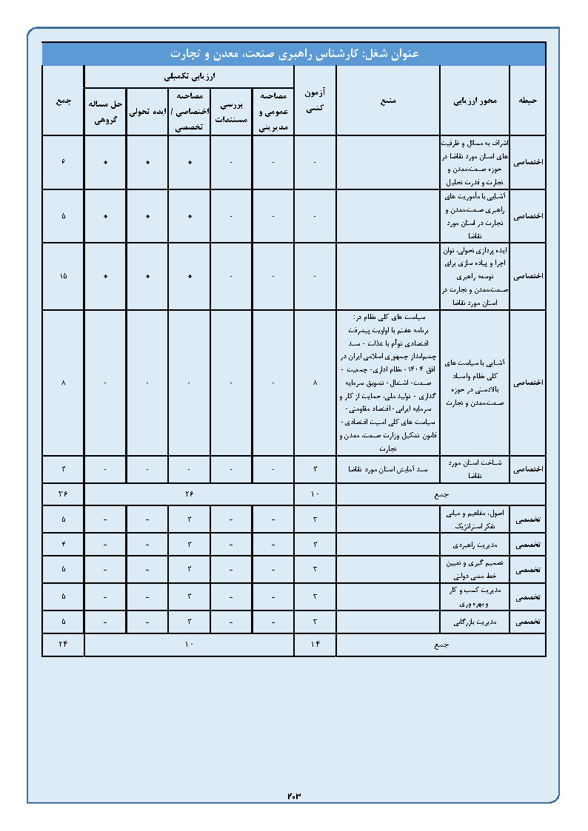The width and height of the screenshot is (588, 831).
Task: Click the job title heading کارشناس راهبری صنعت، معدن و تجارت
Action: [x=294, y=54]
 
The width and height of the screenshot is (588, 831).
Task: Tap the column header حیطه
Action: [x=527, y=100]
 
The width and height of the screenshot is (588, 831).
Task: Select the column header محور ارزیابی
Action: [x=475, y=100]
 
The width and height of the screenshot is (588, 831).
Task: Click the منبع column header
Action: [x=388, y=100]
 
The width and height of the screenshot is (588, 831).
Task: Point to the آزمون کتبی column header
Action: [x=315, y=100]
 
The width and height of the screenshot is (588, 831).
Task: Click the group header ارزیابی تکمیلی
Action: [x=189, y=76]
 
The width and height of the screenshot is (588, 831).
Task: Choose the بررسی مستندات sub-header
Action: [x=231, y=112]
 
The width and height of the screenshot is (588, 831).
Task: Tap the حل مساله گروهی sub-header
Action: [x=104, y=112]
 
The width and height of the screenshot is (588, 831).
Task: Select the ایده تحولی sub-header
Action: [x=147, y=112]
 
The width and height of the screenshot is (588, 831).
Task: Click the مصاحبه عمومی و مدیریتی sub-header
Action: [x=273, y=112]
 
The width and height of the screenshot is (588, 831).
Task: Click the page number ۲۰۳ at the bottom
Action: [x=294, y=795]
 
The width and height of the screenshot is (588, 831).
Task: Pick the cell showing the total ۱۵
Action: [x=63, y=276]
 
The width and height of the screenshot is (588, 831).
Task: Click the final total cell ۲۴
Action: [x=63, y=645]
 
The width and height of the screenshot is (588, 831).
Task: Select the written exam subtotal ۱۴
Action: [x=315, y=645]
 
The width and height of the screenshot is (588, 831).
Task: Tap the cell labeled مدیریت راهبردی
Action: [x=475, y=545]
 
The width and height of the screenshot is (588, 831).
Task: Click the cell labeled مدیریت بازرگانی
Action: [x=475, y=622]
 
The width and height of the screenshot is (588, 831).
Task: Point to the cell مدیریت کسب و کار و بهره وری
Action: [x=475, y=596]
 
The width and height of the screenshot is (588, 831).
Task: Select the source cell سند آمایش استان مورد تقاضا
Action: [x=388, y=469]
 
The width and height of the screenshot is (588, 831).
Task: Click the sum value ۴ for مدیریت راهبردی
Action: [x=63, y=545]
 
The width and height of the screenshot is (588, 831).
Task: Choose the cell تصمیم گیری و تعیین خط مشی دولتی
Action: [x=475, y=570]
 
